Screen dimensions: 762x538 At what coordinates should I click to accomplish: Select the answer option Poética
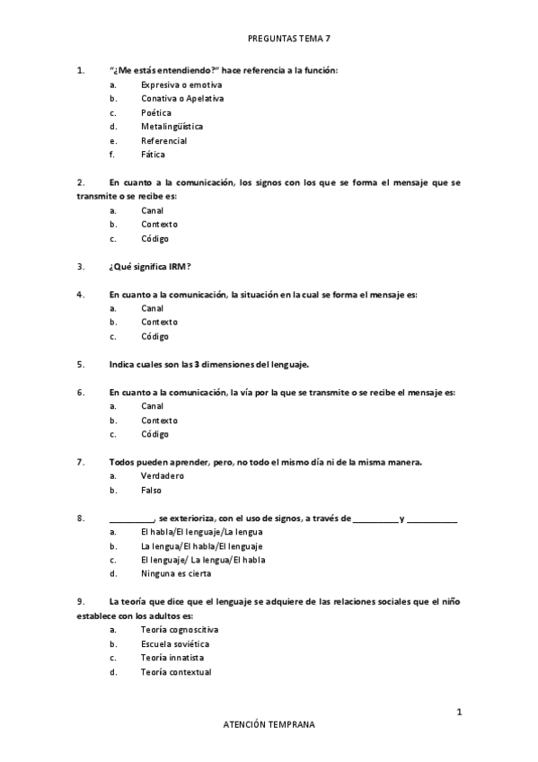[155, 112]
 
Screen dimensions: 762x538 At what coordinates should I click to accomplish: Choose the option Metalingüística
[172, 127]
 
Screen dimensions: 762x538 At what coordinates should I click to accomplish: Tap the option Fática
[154, 155]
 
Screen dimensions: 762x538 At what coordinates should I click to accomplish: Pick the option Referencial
[163, 141]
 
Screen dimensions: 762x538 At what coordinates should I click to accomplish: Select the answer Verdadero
[163, 476]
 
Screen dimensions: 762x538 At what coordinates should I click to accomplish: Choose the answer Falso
[152, 491]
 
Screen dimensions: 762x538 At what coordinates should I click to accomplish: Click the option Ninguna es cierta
[175, 573]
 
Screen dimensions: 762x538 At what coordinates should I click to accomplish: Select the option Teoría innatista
[172, 658]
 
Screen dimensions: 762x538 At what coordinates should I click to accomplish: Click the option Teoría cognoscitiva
[180, 629]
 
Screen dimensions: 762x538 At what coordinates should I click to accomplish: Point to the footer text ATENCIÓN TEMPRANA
[269, 723]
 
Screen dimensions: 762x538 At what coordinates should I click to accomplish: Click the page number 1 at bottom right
[459, 712]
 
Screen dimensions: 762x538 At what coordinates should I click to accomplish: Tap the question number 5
[81, 364]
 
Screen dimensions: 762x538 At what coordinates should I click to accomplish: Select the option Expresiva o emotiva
[181, 84]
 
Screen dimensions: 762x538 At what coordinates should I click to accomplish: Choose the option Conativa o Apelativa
[182, 98]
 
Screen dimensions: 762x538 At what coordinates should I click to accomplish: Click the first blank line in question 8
[131, 519]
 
